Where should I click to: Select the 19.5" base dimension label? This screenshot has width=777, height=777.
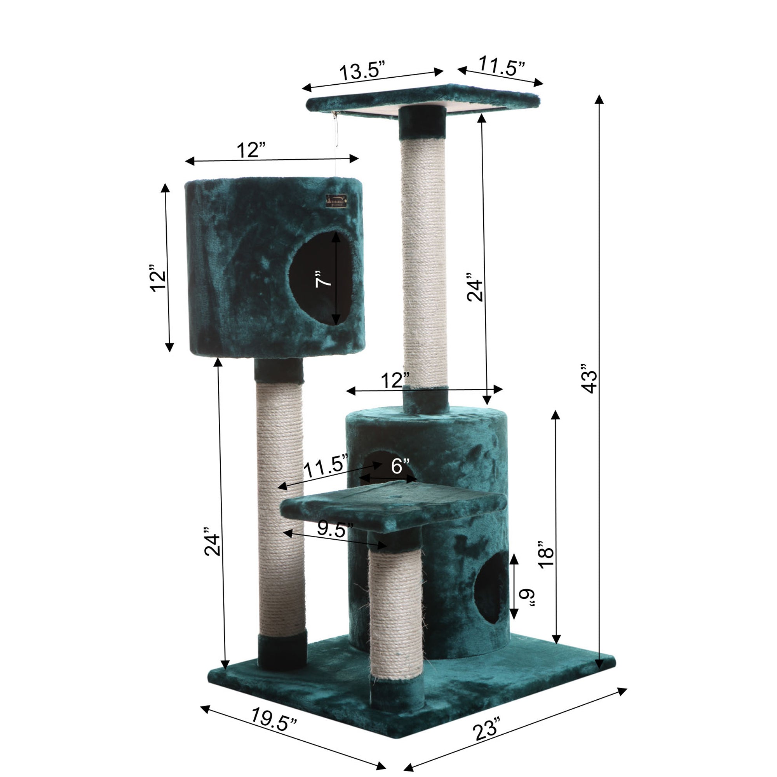tap(274, 719)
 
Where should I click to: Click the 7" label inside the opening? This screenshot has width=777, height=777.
tap(323, 279)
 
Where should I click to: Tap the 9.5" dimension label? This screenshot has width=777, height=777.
tap(334, 529)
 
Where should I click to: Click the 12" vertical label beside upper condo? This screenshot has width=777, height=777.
tap(158, 278)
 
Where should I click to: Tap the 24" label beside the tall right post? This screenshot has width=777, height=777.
tap(475, 287)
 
